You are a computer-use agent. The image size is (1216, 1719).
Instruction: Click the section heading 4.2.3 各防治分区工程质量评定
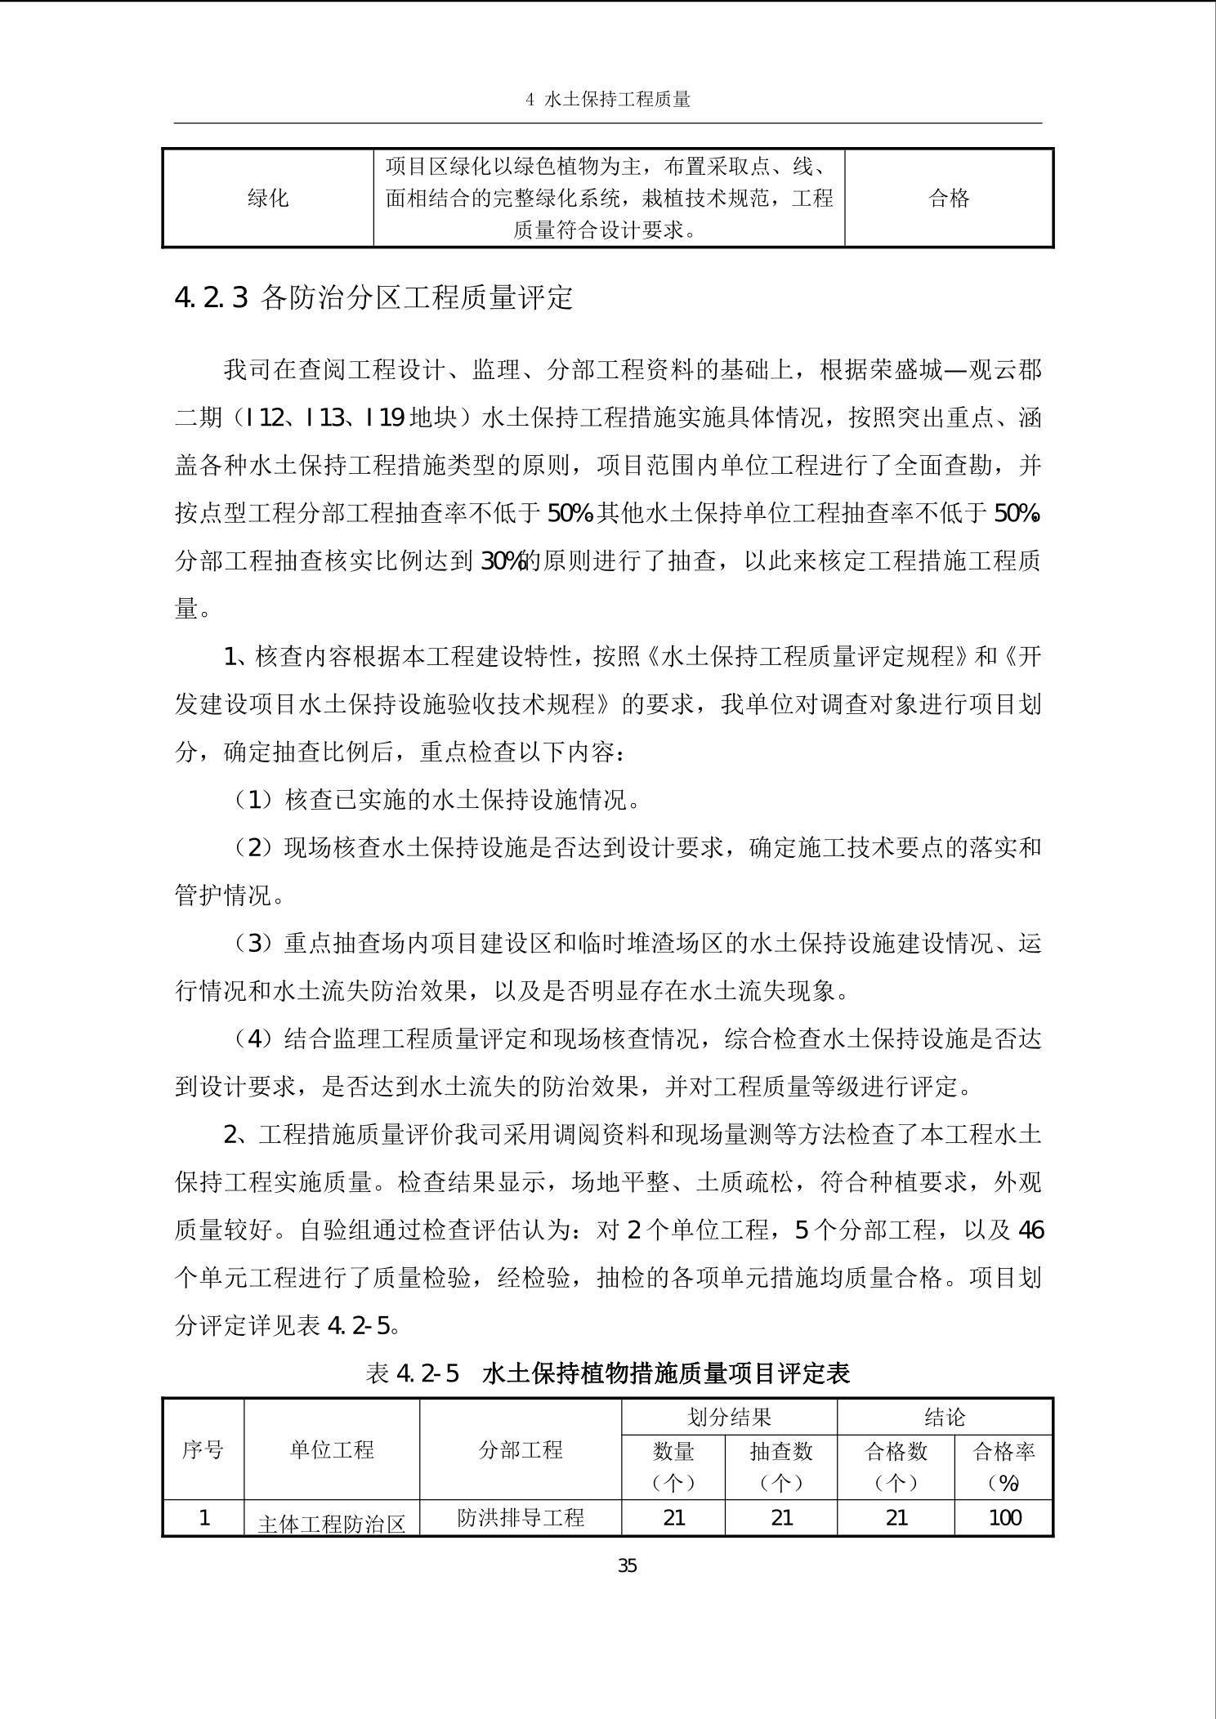click(373, 298)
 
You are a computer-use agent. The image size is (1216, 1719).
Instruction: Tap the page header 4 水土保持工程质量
click(608, 100)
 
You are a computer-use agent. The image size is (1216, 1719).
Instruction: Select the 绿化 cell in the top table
click(268, 198)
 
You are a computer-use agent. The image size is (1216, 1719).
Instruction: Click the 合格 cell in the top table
click(949, 198)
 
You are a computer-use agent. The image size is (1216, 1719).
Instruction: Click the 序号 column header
click(203, 1451)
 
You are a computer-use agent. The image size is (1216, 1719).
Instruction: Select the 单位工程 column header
click(332, 1451)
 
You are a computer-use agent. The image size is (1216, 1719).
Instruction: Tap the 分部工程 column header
click(521, 1451)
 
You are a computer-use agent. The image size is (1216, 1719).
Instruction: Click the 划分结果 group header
click(729, 1418)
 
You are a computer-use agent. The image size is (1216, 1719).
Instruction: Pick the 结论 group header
click(945, 1418)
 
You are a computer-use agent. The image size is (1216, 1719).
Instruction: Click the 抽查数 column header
click(781, 1453)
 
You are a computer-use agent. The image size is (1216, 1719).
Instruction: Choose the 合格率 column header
click(1004, 1453)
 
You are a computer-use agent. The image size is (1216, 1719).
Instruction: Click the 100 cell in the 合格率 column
click(1004, 1518)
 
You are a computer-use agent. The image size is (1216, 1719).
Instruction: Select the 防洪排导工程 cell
click(521, 1518)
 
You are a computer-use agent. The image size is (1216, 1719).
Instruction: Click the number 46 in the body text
click(1030, 1230)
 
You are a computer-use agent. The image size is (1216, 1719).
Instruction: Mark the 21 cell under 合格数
click(896, 1518)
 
